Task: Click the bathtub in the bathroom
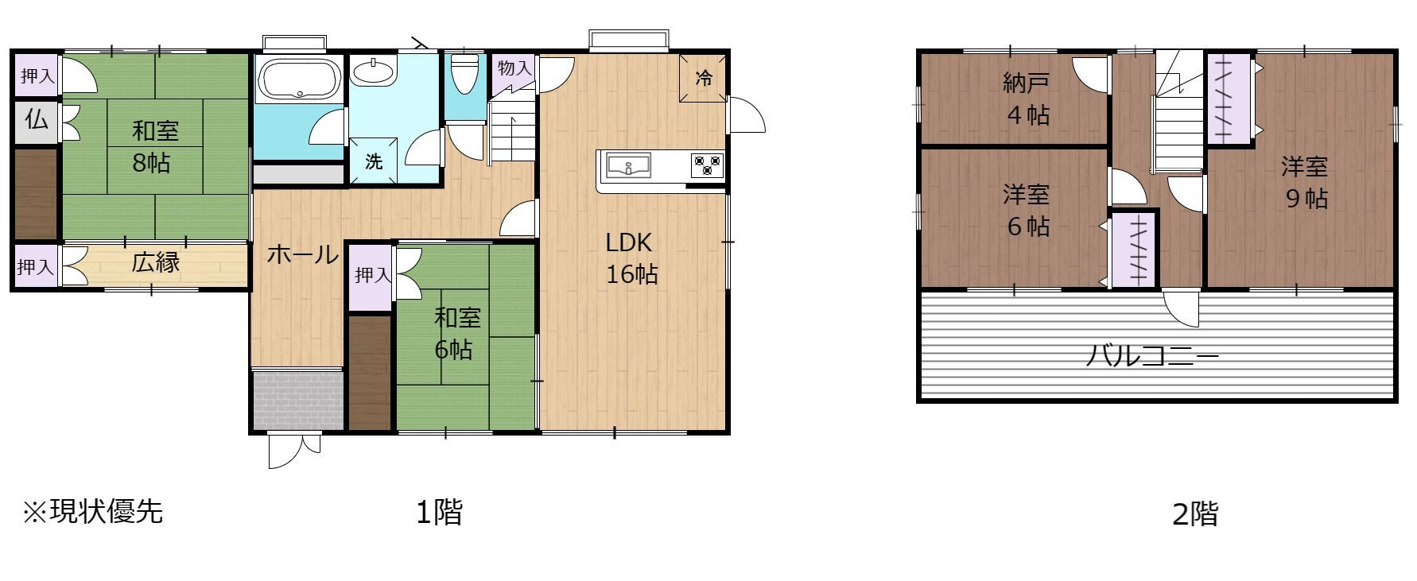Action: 301,79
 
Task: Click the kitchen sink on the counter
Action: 629,167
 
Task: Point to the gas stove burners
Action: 706,165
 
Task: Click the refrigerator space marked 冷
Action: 703,79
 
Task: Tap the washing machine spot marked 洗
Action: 374,161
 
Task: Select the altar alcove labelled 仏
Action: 36,121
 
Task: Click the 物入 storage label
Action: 514,68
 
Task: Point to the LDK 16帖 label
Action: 631,258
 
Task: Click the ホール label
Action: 302,255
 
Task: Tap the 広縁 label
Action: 156,262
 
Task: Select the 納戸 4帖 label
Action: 1027,99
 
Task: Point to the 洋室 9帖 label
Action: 1305,183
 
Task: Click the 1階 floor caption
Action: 439,512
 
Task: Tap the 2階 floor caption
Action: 1195,514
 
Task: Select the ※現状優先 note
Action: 92,511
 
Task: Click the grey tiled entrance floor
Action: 297,400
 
